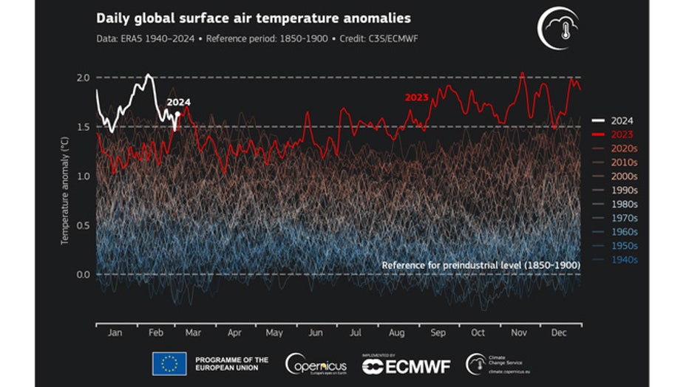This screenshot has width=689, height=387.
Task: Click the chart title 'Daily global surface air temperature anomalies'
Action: (254, 18)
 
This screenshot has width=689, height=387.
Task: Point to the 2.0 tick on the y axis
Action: (83, 78)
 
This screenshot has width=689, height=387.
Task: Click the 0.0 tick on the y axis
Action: (83, 275)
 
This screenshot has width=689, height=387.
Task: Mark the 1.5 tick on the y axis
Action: (83, 127)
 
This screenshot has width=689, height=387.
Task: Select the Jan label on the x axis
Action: (115, 333)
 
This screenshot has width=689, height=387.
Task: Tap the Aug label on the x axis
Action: (396, 333)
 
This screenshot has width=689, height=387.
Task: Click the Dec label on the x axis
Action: (560, 333)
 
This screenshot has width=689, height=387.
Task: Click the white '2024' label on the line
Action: (178, 103)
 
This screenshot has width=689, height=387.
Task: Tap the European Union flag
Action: (169, 363)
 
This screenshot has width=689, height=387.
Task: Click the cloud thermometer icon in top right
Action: (557, 27)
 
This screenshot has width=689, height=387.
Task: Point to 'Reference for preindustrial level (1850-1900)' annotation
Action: (480, 264)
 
